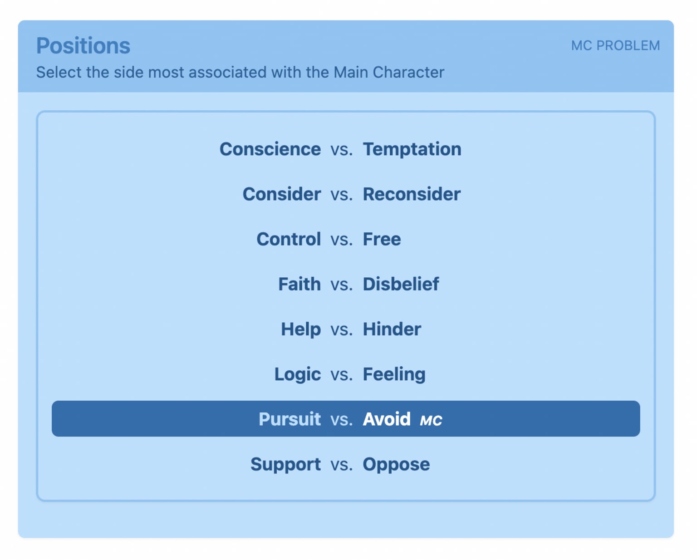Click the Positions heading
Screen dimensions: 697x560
83,46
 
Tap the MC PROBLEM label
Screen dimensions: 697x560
615,46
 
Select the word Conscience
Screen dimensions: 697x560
270,149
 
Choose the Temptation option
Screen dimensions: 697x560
412,149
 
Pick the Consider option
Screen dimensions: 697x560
282,194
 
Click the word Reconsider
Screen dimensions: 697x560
412,194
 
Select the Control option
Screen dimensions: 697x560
289,239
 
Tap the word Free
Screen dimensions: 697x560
382,239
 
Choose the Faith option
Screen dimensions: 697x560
299,284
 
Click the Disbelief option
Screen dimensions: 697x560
401,284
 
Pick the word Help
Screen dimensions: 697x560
301,329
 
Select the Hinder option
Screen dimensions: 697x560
392,329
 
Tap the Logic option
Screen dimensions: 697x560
298,374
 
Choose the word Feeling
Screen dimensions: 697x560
394,374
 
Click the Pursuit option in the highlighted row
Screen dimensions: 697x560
290,419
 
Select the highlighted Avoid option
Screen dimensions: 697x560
387,419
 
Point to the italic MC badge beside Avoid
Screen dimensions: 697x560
431,420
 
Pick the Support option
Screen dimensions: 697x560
286,464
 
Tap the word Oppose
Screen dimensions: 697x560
397,464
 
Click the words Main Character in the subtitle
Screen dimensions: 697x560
389,72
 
